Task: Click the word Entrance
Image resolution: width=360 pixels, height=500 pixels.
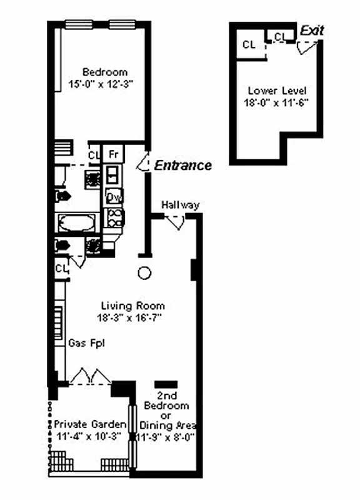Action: pyautogui.click(x=183, y=166)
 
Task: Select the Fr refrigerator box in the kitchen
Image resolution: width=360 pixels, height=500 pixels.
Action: pyautogui.click(x=114, y=154)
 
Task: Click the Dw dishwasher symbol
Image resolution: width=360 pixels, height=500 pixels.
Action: pyautogui.click(x=114, y=197)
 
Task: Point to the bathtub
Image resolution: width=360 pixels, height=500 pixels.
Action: pyautogui.click(x=76, y=222)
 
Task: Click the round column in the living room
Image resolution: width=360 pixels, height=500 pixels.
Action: pyautogui.click(x=144, y=273)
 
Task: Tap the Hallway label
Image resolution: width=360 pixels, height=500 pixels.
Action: pyautogui.click(x=180, y=205)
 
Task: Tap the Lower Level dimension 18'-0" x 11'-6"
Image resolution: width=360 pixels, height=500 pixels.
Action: pyautogui.click(x=277, y=101)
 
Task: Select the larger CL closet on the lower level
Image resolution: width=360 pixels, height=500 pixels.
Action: pyautogui.click(x=249, y=45)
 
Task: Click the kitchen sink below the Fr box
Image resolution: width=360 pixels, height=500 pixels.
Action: pyautogui.click(x=113, y=173)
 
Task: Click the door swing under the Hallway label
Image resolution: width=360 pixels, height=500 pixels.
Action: pyautogui.click(x=179, y=221)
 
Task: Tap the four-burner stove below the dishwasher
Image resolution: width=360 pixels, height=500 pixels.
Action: pyautogui.click(x=114, y=217)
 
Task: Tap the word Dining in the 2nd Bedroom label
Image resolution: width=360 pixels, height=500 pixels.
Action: pyautogui.click(x=162, y=426)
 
